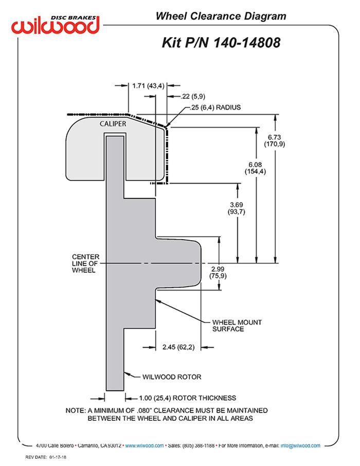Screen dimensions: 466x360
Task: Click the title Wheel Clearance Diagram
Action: (221, 16)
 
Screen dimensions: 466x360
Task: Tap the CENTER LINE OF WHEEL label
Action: (86, 263)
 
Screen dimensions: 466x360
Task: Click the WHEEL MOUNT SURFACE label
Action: (237, 326)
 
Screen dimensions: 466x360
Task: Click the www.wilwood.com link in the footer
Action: (145, 445)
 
